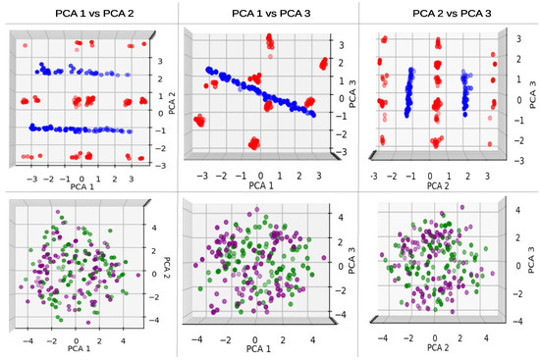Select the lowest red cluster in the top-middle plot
[253, 144]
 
